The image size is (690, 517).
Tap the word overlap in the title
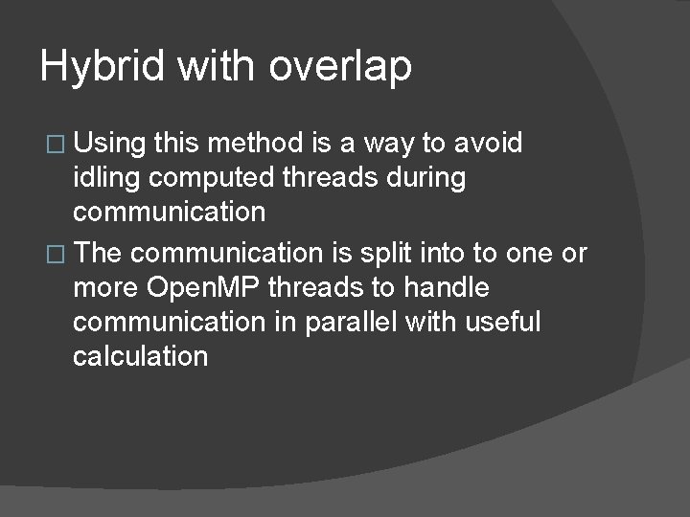[340, 67]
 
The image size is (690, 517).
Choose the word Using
[109, 145]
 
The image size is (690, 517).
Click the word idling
[106, 178]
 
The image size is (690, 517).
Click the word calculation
[140, 356]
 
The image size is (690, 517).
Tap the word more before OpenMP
[105, 287]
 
